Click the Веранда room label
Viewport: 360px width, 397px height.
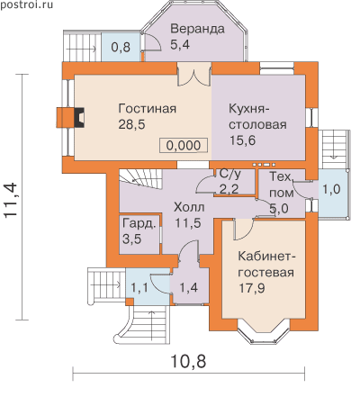click(197, 29)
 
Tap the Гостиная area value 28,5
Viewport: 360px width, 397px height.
click(131, 124)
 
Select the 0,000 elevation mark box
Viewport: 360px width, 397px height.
click(184, 145)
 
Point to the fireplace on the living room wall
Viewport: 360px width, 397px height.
click(71, 117)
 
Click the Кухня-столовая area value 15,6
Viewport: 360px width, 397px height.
click(243, 140)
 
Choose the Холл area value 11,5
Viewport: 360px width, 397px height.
click(188, 223)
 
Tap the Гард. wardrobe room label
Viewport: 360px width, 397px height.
click(139, 223)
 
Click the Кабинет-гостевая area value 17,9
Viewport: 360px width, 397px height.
click(252, 288)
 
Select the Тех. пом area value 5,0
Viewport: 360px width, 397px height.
click(279, 208)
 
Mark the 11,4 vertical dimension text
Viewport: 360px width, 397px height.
click(11, 200)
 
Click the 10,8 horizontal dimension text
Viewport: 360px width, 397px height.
click(188, 361)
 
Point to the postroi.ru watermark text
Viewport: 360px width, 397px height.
click(26, 5)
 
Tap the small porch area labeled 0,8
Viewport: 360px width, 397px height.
click(121, 47)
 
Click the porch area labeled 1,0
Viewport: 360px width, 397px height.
click(331, 193)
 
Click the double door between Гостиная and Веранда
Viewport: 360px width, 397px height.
click(194, 75)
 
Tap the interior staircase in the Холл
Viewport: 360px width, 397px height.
click(140, 179)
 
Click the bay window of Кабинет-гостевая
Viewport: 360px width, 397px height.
click(264, 332)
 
